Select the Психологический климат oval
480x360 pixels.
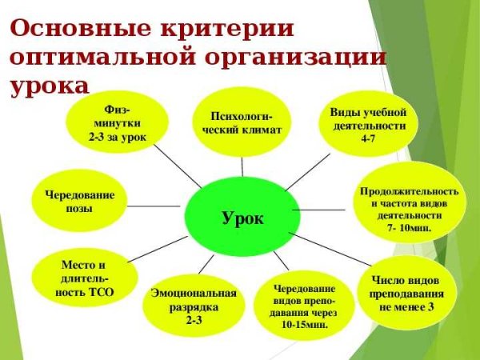coord(241,120)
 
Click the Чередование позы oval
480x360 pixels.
coord(78,202)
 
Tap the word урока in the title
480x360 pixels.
coord(48,85)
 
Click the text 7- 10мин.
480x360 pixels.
coord(409,228)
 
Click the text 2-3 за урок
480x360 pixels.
coord(117,137)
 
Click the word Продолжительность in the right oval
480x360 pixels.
coord(409,192)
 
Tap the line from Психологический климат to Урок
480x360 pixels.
coord(241,164)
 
